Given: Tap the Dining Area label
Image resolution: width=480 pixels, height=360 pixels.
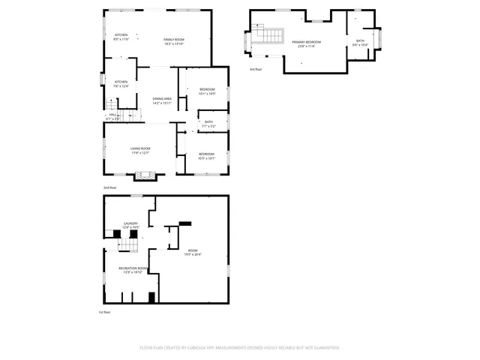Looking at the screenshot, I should click(162, 99).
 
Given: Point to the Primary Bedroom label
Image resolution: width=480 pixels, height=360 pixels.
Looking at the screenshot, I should click(307, 42).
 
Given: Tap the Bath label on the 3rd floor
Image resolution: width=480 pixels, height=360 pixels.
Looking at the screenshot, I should click(360, 40).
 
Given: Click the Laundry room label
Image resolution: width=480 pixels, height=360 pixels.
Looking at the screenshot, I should click(131, 223).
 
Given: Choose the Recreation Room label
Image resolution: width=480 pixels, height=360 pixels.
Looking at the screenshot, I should click(133, 268).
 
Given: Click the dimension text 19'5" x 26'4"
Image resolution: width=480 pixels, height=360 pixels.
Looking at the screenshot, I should click(193, 254).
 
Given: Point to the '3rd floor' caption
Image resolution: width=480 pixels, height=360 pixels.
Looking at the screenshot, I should click(256, 69).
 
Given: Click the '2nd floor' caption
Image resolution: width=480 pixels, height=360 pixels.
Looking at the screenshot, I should click(110, 187).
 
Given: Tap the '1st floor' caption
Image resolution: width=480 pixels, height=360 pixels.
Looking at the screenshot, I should click(106, 312).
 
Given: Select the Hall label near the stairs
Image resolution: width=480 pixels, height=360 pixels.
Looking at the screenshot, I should click(112, 115).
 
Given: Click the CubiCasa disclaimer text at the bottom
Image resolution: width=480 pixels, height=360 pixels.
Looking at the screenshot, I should click(239, 348).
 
